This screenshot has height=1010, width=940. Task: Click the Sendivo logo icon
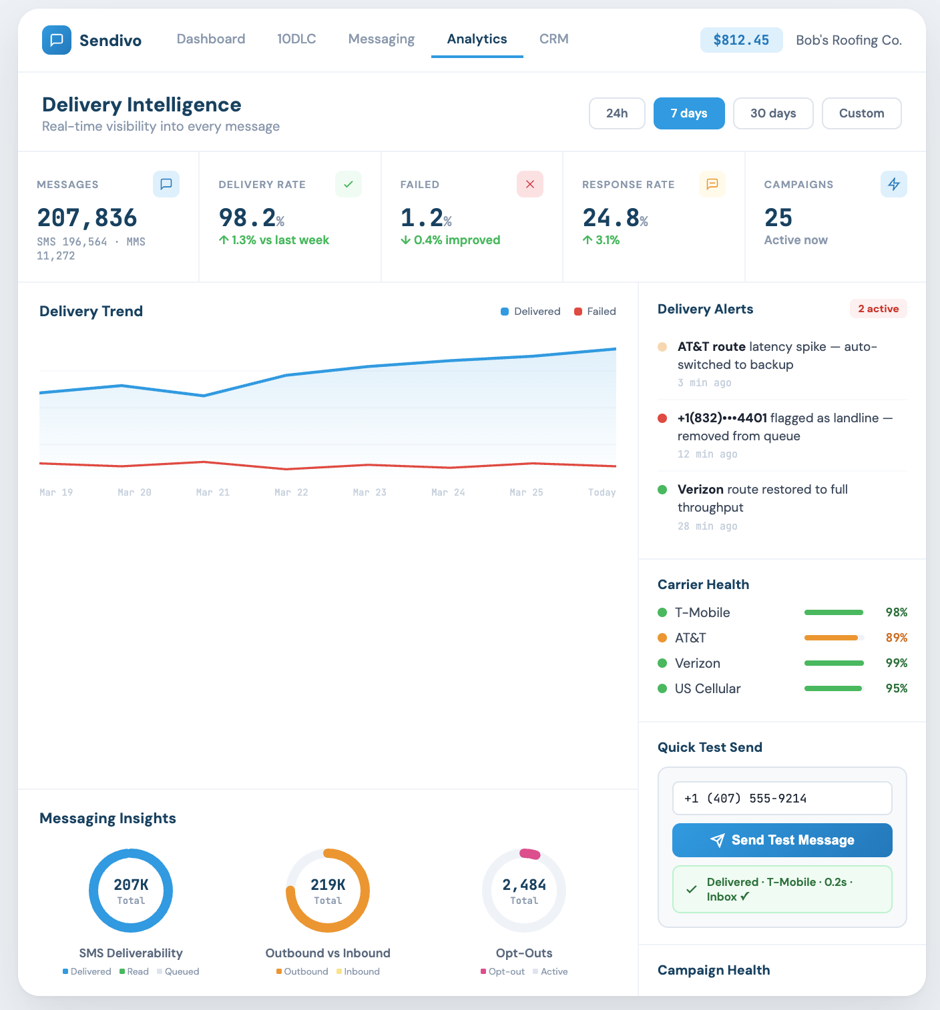[57, 40]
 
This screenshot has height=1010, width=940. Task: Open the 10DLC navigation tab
[296, 39]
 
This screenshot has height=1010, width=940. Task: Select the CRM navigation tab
[553, 39]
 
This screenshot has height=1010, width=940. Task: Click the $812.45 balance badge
[741, 40]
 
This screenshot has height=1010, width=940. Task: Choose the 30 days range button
[773, 113]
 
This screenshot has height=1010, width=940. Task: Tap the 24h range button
[617, 113]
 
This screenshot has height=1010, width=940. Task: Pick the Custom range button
[861, 113]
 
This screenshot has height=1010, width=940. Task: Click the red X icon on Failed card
[530, 184]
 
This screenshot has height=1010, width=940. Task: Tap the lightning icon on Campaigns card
[893, 184]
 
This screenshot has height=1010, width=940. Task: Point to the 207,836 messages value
[87, 218]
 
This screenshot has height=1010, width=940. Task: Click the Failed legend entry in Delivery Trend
[595, 312]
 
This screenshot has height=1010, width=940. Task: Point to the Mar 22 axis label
[291, 492]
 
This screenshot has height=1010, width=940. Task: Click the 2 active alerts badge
[878, 309]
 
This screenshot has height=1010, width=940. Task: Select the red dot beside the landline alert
[662, 418]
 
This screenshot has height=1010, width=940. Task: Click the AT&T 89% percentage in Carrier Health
[896, 638]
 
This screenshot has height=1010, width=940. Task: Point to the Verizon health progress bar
[834, 663]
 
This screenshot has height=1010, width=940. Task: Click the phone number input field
[782, 799]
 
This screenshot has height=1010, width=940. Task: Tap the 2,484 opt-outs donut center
[524, 891]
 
